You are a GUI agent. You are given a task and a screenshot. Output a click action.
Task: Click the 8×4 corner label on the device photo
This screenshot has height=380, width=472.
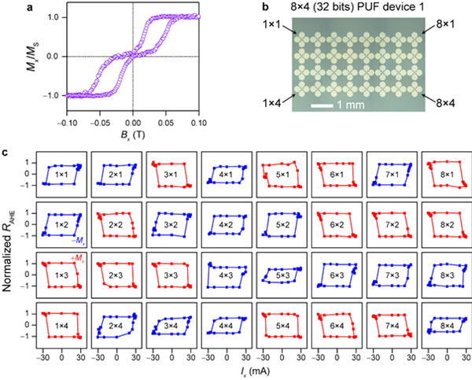(x=437, y=101)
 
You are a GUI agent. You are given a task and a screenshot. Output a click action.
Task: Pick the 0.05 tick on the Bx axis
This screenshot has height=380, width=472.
(x=166, y=123)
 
